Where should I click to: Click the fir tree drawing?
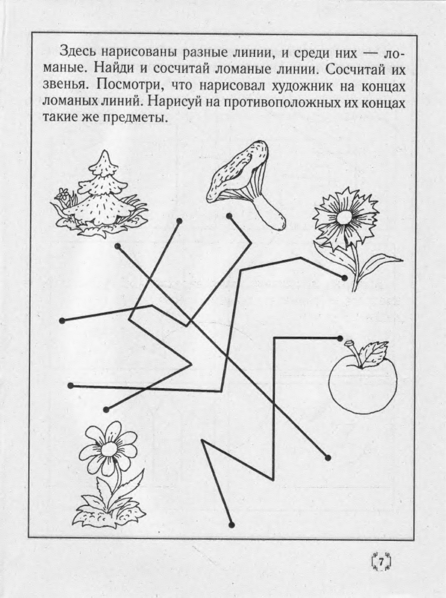(x=100, y=197)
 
